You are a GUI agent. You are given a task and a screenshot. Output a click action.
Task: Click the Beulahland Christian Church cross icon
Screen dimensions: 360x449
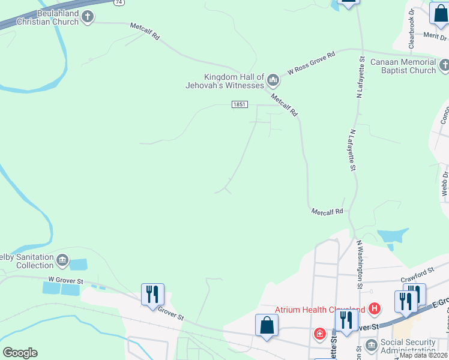tap(88, 16)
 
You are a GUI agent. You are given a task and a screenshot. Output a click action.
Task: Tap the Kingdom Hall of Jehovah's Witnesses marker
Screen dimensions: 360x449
tap(273, 79)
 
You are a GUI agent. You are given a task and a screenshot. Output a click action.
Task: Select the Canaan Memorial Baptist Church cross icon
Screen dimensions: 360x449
tap(444, 64)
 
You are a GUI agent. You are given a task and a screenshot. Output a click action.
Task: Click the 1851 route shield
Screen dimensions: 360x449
tap(240, 104)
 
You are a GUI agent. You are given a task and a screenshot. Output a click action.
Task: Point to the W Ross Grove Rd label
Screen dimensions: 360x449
tap(311, 62)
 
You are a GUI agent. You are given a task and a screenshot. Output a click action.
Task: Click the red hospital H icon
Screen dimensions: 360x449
tap(375, 309)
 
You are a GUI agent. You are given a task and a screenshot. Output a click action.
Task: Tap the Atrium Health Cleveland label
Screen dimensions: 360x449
tap(321, 310)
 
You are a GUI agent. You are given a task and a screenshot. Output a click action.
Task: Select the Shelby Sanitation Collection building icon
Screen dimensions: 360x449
tap(62, 260)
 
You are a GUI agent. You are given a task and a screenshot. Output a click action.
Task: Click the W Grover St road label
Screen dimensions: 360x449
tap(65, 280)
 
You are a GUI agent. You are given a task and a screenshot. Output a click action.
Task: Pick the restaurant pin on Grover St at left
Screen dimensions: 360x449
tap(152, 295)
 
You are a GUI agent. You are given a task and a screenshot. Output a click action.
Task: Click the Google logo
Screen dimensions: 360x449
tap(20, 353)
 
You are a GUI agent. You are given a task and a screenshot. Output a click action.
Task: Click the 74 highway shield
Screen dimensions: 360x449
tap(120, 2)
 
